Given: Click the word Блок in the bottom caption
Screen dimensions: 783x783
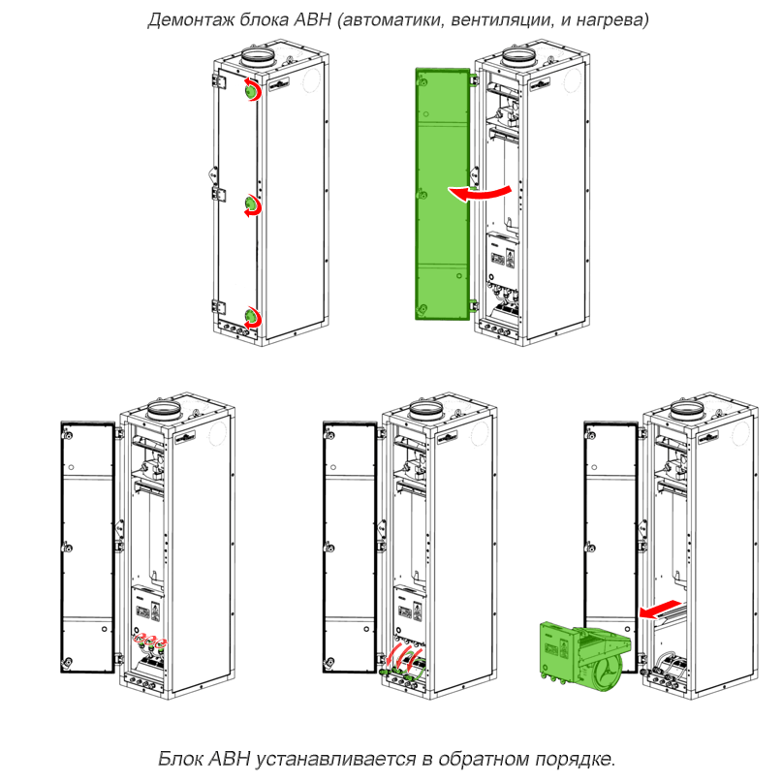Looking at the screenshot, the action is [x=180, y=758].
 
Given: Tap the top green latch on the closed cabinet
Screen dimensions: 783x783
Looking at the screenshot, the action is [x=251, y=91].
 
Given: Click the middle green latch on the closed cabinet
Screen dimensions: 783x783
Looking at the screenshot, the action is [x=252, y=204].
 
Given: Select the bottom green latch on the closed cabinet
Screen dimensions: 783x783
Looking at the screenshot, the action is [x=252, y=317].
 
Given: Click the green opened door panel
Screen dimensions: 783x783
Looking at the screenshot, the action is [x=443, y=194].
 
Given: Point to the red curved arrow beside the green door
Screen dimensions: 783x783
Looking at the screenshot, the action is [x=480, y=193].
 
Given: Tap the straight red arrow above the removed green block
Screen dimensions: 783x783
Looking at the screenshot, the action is [x=659, y=609].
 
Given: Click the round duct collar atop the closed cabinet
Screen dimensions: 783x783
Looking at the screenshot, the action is [x=258, y=56].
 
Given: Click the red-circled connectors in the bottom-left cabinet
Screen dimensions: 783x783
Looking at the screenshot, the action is [x=150, y=641].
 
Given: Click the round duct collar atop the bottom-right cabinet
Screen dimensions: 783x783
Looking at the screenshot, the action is [x=687, y=410].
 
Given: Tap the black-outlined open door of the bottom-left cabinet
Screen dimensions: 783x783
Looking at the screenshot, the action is [x=88, y=548].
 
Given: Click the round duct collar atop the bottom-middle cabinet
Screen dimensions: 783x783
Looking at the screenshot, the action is [x=425, y=410].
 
